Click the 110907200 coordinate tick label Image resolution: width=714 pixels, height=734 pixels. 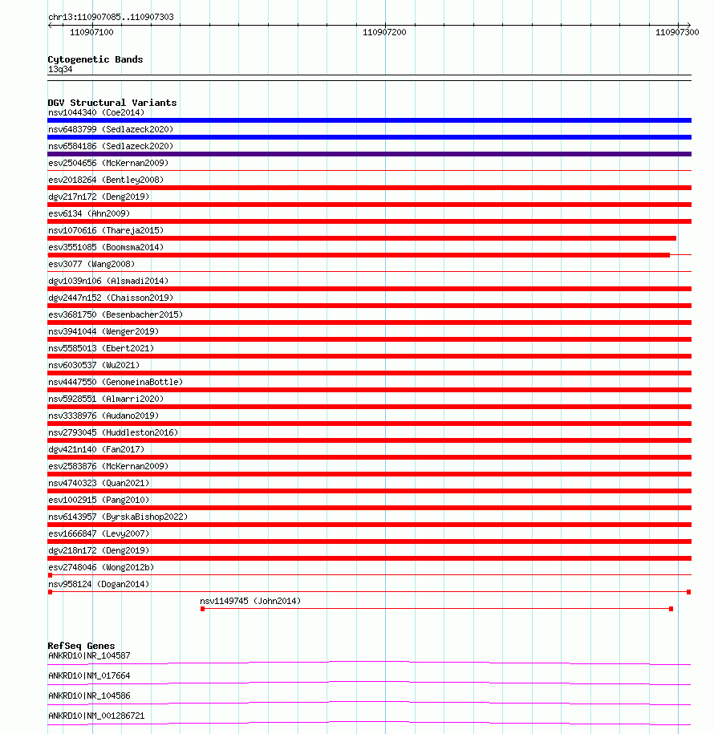[384, 32]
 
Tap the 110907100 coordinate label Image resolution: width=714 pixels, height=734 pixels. [91, 32]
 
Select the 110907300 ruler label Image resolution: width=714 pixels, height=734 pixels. [677, 32]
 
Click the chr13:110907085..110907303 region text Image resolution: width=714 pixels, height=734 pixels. [111, 17]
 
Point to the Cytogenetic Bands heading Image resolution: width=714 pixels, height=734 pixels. [95, 59]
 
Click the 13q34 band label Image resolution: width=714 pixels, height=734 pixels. [60, 69]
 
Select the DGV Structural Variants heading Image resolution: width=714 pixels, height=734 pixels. [112, 103]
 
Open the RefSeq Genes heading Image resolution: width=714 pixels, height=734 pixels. [81, 646]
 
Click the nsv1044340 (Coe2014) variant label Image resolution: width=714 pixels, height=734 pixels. [96, 112]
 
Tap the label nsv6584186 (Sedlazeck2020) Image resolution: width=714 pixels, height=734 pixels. [111, 146]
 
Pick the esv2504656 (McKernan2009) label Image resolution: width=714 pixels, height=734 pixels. [108, 163]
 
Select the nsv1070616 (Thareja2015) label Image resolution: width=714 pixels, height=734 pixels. [106, 230]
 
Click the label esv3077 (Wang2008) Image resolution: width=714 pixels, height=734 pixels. [91, 264]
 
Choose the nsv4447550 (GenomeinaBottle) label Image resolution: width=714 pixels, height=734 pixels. [116, 382]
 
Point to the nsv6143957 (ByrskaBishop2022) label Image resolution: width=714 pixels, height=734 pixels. [118, 517]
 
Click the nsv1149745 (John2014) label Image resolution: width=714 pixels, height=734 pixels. [250, 601]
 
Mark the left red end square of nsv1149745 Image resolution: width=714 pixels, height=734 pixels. [202, 609]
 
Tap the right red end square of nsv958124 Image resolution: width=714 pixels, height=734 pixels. [688, 592]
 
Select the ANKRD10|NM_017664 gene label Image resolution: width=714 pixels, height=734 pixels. [89, 675]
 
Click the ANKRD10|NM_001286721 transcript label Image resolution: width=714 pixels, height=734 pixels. [96, 716]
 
